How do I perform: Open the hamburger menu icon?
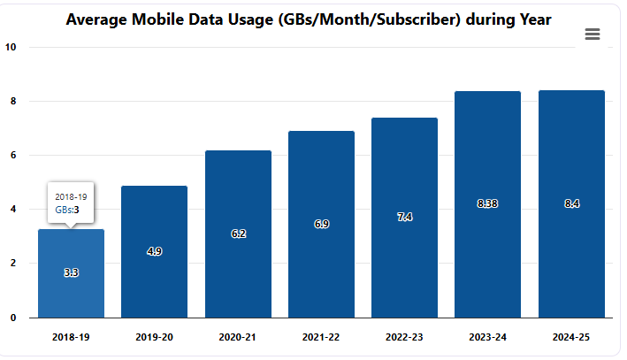click(593, 34)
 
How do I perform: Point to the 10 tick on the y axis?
click(11, 47)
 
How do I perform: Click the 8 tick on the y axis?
click(13, 101)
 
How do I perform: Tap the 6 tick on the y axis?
click(13, 155)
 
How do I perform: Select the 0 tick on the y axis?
click(13, 317)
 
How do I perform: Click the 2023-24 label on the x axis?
click(487, 337)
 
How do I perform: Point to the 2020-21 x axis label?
click(238, 337)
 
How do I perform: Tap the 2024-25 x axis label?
click(571, 337)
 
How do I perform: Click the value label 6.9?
click(321, 224)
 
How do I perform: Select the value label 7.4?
click(404, 217)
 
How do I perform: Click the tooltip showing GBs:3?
click(71, 203)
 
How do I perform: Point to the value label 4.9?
click(154, 251)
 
